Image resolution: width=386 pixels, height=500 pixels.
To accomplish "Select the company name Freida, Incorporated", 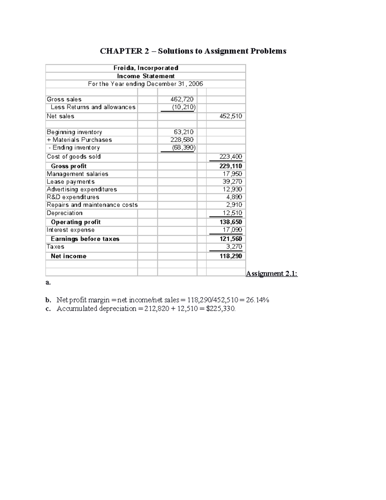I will tap(146, 68).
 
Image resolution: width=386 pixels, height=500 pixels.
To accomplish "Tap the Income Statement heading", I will tap(146, 76).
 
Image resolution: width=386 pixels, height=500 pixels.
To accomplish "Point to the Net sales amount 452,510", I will tap(231, 116).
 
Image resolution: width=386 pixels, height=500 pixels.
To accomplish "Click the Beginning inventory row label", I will tap(74, 132).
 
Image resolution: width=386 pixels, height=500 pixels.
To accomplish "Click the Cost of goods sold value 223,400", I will tap(231, 157).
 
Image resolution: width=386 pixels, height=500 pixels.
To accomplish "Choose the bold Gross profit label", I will tap(69, 166).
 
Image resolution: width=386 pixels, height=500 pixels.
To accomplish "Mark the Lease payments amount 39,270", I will tap(232, 182).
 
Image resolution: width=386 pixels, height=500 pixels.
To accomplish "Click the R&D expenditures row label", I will tap(73, 197).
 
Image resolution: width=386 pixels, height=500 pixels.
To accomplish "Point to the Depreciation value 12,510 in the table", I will tap(232, 213).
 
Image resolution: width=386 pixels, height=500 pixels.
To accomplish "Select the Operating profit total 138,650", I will tap(231, 222).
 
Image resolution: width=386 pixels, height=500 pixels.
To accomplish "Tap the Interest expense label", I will tap(70, 230).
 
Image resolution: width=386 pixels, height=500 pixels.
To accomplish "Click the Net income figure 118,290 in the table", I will tap(231, 256).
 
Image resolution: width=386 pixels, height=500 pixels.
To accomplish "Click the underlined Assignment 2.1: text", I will tap(271, 274).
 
